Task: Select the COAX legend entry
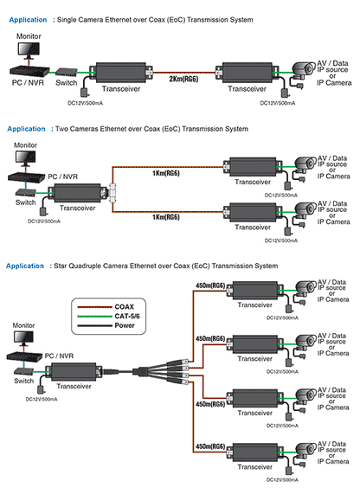point(125,305)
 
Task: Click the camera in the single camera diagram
point(305,68)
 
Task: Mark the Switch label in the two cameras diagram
point(27,202)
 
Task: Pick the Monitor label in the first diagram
point(28,36)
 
